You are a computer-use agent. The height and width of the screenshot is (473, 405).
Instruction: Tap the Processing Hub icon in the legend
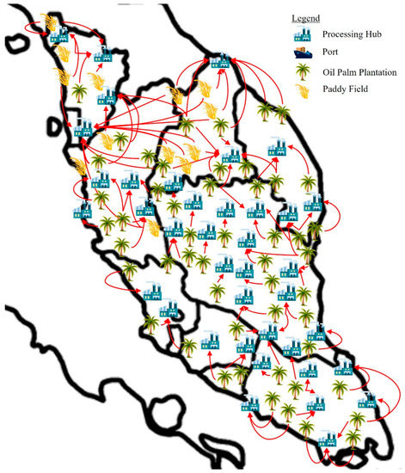302,35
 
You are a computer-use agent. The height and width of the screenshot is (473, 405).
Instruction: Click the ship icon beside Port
302,54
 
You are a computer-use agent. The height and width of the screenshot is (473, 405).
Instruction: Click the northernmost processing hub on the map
58,35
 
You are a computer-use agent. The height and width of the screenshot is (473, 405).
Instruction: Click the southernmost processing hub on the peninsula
326,439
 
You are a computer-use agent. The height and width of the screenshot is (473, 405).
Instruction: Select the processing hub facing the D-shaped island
83,130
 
